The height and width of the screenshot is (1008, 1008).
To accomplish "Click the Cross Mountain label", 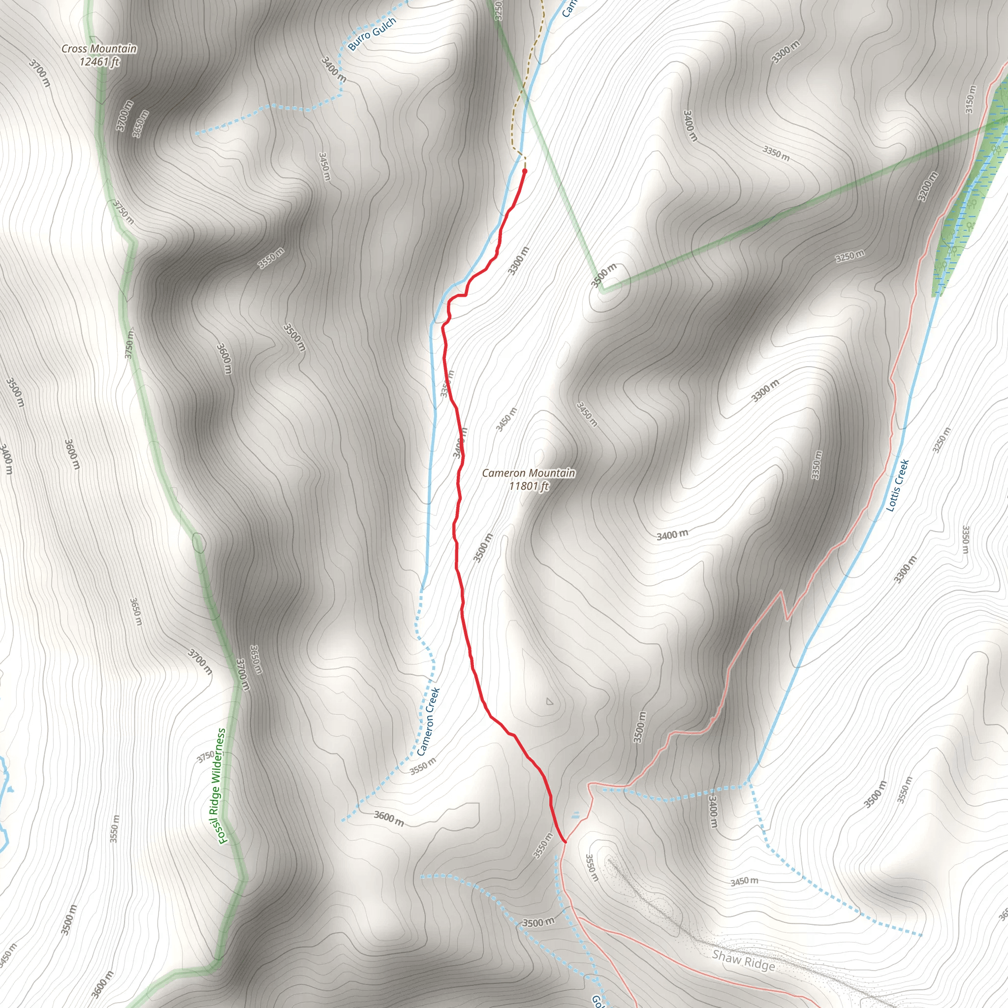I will click(x=99, y=49).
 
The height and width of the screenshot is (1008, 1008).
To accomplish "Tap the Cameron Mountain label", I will click(x=529, y=472).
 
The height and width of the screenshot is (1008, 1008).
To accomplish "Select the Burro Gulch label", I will click(x=372, y=33).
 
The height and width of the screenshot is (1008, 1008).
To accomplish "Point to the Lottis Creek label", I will click(x=898, y=485).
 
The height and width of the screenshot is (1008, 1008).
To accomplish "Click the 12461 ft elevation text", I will click(x=99, y=62).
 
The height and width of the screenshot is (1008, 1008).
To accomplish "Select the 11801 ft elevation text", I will click(x=529, y=486).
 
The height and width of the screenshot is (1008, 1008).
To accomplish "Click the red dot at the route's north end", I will click(x=524, y=171).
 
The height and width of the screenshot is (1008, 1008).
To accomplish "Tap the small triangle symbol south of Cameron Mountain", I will click(x=549, y=702).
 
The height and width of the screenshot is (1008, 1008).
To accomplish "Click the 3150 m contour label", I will click(x=970, y=99).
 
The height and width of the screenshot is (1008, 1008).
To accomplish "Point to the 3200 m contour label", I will click(x=928, y=186).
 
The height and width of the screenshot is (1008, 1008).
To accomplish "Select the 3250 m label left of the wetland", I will click(x=850, y=256).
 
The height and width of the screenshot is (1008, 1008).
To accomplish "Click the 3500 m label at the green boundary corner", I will click(x=603, y=276).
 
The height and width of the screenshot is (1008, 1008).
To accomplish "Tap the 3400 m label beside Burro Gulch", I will click(x=333, y=69).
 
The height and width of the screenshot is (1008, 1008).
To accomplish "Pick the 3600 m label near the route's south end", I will click(x=389, y=818).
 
